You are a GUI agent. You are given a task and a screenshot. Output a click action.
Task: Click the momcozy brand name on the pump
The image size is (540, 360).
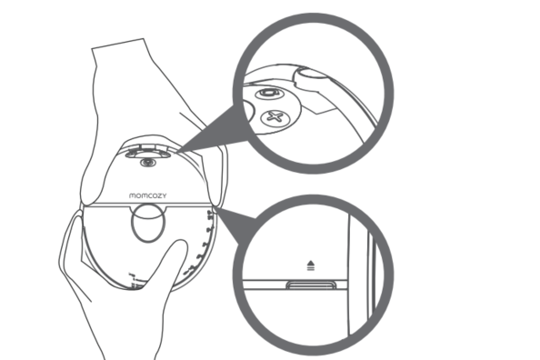[x=148, y=195]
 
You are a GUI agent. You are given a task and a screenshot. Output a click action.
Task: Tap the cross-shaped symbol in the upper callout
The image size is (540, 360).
[x=275, y=117]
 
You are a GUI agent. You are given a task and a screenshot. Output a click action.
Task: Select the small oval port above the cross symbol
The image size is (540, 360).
[x=270, y=93]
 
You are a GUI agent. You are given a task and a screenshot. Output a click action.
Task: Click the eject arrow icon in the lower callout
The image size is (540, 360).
[x=311, y=265]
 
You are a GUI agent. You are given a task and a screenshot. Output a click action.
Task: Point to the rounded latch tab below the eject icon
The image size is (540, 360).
[x=311, y=285]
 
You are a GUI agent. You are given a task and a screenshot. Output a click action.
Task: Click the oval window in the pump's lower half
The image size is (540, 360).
[x=148, y=223]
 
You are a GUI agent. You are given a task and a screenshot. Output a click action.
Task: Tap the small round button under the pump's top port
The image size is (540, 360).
[x=148, y=162]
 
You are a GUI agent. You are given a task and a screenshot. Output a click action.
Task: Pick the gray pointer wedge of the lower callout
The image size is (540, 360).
[x=235, y=224]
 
